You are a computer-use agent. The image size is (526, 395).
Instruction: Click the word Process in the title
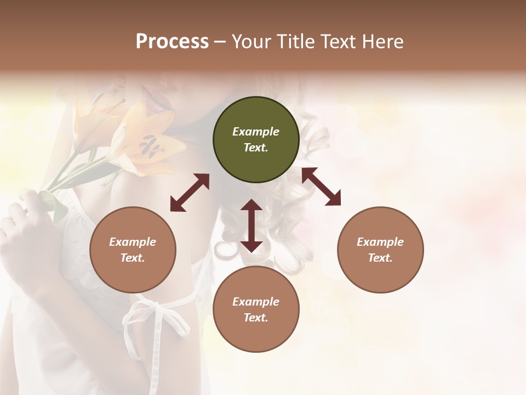click(x=172, y=42)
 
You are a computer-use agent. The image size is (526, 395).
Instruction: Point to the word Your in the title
click(x=250, y=42)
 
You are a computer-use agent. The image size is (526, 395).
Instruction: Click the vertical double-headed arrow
click(x=251, y=225)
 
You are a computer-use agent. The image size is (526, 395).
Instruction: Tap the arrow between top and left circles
click(x=190, y=193)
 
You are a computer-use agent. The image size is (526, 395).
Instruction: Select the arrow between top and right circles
click(x=321, y=187)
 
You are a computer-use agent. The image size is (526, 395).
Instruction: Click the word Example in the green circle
click(x=256, y=132)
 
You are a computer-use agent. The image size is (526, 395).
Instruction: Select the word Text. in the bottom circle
click(x=256, y=318)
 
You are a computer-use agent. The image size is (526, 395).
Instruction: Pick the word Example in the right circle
click(x=380, y=242)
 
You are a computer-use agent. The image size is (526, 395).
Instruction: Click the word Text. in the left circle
click(x=133, y=258)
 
